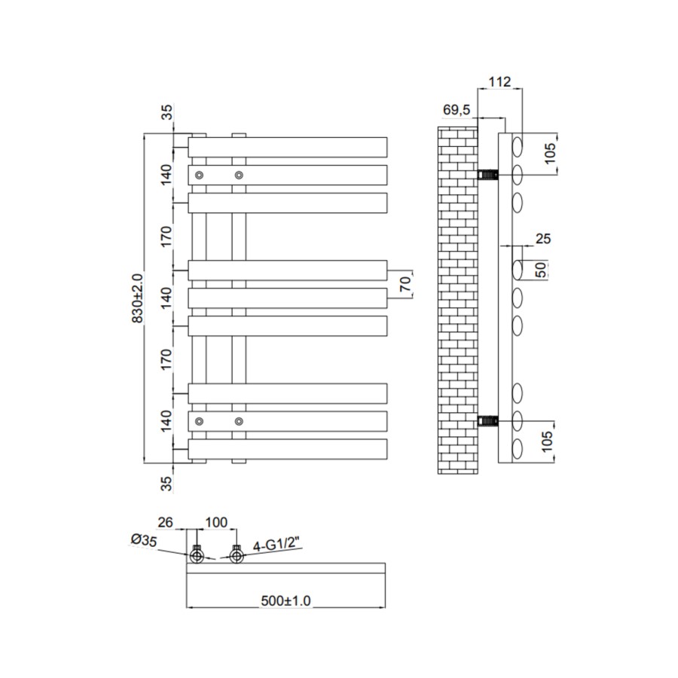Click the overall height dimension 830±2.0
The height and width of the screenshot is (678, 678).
(x=137, y=298)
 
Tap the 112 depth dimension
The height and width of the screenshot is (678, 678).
(x=499, y=81)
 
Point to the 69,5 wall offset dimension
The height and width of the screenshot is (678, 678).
(x=457, y=110)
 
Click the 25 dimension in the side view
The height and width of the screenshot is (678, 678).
(x=543, y=239)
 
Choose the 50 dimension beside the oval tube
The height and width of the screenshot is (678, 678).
(x=541, y=270)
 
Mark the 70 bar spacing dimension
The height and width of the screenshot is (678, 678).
(x=404, y=284)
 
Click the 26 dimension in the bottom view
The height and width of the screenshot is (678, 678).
(x=166, y=521)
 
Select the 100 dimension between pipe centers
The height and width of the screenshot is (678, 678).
(x=215, y=521)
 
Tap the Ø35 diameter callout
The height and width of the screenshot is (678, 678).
(x=142, y=539)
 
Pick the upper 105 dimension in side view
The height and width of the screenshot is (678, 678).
(x=551, y=154)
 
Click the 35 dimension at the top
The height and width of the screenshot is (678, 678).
(x=167, y=113)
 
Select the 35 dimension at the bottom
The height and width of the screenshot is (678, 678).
(x=167, y=482)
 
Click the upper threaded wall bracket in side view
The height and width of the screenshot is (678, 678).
(x=489, y=175)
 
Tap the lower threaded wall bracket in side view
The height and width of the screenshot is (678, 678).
(x=489, y=420)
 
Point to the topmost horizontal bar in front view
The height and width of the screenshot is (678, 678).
(x=287, y=146)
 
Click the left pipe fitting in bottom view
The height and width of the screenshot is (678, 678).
(x=197, y=557)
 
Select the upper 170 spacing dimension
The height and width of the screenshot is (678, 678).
(x=167, y=236)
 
